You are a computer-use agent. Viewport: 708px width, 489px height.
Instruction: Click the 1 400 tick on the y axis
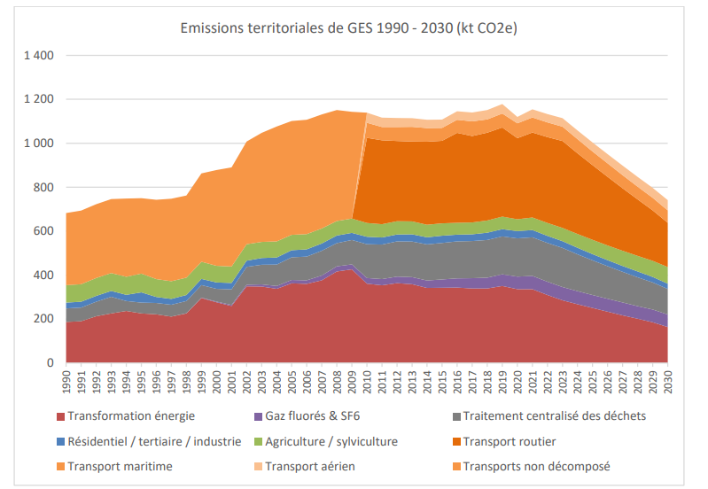tap(39, 56)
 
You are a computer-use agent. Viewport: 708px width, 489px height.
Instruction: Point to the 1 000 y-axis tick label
tap(39, 144)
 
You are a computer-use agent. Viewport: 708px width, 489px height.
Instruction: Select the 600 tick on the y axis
tap(45, 231)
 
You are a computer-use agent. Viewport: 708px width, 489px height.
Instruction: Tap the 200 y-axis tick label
tap(45, 319)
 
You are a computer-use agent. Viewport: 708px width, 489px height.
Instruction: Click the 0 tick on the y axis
tap(51, 363)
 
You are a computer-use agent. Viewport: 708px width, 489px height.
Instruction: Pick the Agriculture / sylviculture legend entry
tap(333, 441)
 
